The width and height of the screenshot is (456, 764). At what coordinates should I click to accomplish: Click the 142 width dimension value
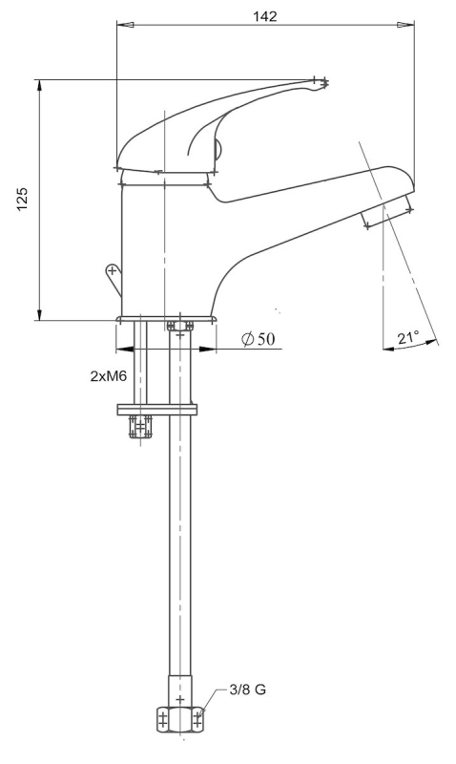tap(265, 15)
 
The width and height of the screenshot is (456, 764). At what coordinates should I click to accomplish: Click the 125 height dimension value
tap(23, 199)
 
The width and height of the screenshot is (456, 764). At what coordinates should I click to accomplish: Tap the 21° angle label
tap(407, 337)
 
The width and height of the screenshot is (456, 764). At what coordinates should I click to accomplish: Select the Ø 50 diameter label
tap(258, 339)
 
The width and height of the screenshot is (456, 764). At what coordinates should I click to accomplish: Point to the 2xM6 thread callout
tap(109, 375)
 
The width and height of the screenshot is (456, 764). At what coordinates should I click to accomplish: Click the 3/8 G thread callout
tap(247, 690)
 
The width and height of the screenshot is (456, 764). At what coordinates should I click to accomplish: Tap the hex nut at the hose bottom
tap(180, 719)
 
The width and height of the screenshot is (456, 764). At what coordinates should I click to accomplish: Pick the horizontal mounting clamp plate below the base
tap(157, 410)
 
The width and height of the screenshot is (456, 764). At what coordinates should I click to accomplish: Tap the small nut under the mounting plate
tap(140, 427)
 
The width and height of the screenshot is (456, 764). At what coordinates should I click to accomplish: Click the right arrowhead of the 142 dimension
tap(405, 25)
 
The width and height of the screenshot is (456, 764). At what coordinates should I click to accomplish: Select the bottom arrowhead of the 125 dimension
tap(39, 312)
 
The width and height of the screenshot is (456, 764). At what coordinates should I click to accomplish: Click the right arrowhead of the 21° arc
tap(428, 343)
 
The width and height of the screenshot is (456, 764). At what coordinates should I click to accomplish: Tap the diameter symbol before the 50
tap(248, 339)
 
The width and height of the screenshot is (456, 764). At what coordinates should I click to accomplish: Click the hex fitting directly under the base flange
tap(180, 325)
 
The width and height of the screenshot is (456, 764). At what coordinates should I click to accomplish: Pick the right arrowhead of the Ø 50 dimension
tap(208, 349)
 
